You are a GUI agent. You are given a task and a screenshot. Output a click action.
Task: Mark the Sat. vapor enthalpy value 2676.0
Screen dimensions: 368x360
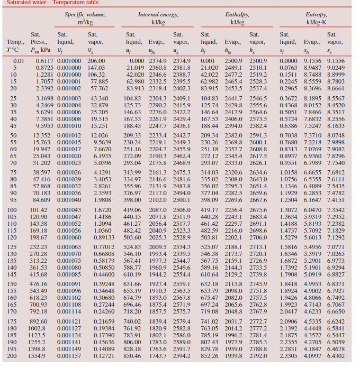[258, 210]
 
